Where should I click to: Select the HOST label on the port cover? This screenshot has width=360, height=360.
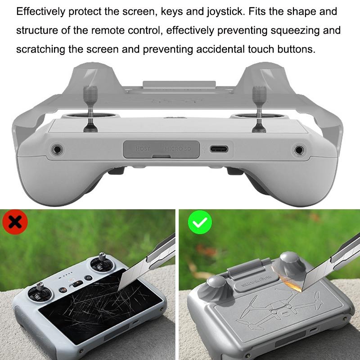(143, 148)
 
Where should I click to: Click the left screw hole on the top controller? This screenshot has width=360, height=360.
(58, 149)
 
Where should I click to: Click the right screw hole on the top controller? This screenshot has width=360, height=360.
(298, 150)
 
